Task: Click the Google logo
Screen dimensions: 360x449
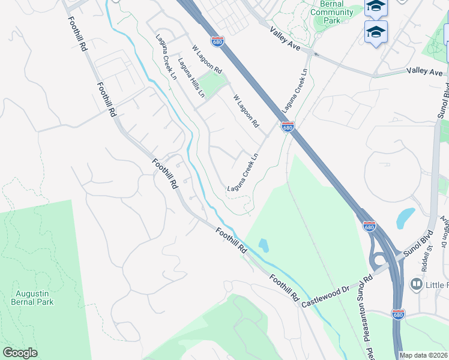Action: [20, 353]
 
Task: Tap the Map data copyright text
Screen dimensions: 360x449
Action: [423, 355]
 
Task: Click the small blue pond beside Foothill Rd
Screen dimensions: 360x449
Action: [264, 245]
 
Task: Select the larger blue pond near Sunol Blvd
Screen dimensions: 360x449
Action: [406, 217]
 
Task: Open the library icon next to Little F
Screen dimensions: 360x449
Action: [416, 283]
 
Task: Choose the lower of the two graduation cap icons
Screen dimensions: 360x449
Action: [376, 32]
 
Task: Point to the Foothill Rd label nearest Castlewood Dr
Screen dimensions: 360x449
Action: [284, 287]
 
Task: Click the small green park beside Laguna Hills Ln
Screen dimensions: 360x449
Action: [211, 83]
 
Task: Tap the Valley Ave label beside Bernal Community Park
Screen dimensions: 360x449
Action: [285, 37]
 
